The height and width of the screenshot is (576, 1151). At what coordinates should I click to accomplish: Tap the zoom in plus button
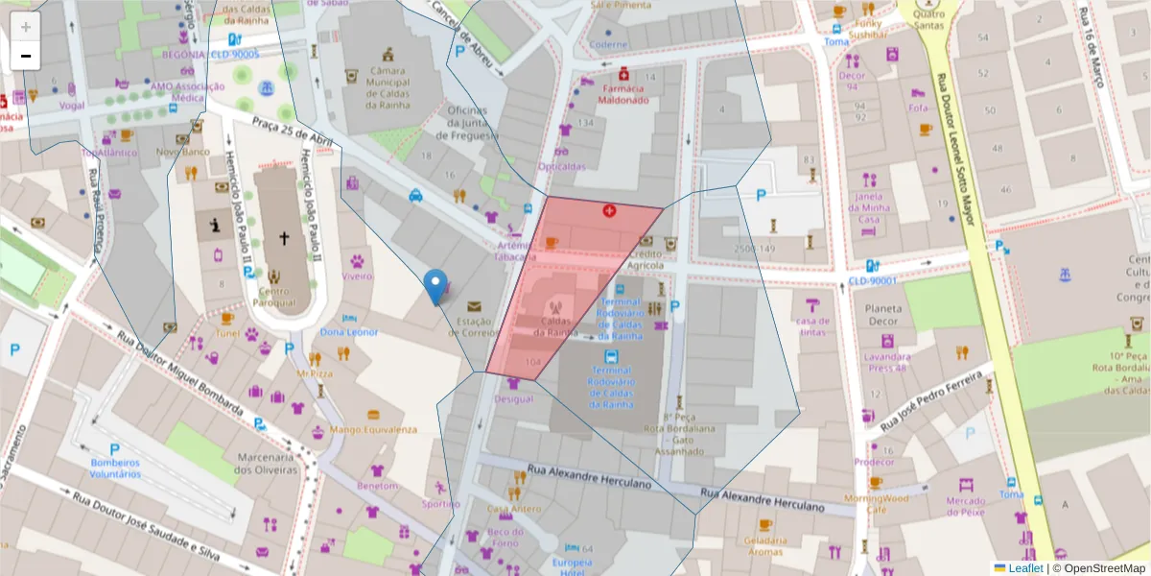(26, 27)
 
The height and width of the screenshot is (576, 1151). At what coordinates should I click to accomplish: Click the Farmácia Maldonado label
(623, 93)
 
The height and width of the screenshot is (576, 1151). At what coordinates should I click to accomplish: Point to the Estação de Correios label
(475, 327)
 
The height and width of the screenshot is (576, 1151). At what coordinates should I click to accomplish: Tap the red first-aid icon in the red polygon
(609, 210)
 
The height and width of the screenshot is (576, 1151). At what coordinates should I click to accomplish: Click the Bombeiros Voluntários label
(116, 468)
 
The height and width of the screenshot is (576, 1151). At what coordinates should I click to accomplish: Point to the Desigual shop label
(514, 398)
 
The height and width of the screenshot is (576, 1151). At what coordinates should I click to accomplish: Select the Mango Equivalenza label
(373, 429)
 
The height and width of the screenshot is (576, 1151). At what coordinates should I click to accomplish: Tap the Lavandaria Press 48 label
(887, 362)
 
